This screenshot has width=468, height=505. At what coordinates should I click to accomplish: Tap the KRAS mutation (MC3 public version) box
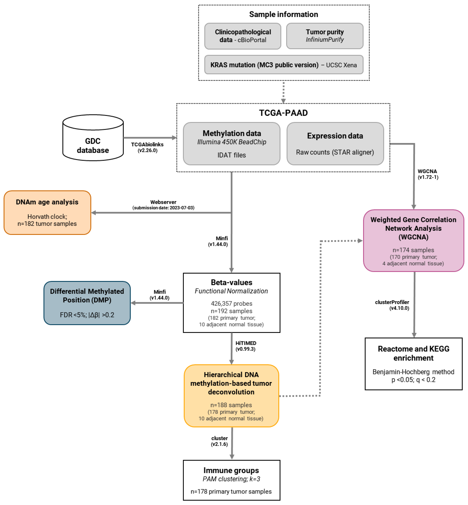tap(283, 65)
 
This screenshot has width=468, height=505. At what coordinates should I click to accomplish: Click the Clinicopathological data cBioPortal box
tap(243, 36)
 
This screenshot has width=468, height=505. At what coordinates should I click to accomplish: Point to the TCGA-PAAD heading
tap(283, 113)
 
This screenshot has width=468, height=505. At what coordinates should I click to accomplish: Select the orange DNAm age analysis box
tap(47, 212)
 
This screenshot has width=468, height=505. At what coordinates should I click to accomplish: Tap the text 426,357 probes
tap(231, 304)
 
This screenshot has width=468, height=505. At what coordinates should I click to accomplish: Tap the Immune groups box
tap(231, 480)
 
